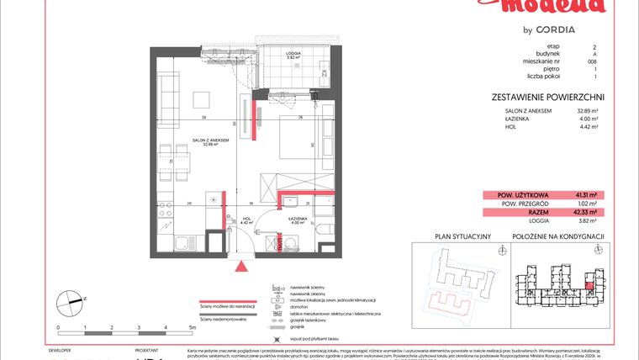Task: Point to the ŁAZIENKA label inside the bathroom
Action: coord(297,220)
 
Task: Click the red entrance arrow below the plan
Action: coord(243,267)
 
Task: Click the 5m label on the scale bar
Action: coord(192,326)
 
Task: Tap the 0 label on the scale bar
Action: coord(58,326)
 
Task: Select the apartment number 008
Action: coord(595,61)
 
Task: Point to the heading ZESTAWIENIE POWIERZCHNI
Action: coord(547,97)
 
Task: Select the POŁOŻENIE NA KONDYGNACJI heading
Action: coord(558,237)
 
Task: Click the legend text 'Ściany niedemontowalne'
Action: coord(223,319)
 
